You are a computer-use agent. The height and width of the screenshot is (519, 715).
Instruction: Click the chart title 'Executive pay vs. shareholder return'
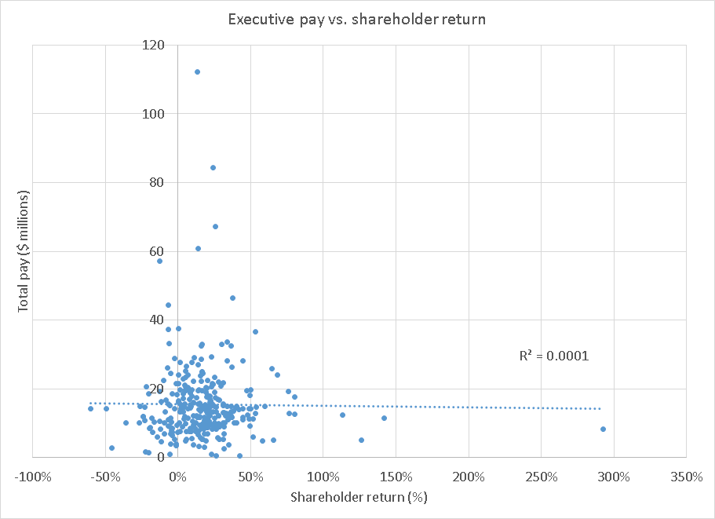(356, 19)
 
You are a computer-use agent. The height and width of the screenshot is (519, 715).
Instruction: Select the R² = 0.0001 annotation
(553, 356)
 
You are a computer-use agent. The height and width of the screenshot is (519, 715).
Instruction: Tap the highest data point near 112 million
(197, 71)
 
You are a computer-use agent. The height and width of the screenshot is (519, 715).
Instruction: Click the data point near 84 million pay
(213, 167)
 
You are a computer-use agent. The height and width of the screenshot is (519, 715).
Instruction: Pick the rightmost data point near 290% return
(603, 429)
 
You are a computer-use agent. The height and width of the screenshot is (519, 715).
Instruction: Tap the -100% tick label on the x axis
(32, 477)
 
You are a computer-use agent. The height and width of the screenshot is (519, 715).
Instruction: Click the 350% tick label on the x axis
(687, 477)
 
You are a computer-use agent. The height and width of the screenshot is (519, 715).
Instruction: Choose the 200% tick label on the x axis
(469, 477)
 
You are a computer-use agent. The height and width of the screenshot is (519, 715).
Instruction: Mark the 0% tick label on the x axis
(177, 477)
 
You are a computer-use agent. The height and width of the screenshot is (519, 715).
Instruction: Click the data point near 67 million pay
(215, 226)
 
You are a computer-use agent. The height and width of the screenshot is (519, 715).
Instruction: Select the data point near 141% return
(384, 418)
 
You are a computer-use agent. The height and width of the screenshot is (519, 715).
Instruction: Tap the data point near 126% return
(361, 440)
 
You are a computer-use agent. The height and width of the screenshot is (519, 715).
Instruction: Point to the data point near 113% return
(342, 415)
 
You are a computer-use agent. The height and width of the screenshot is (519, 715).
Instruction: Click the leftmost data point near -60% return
(90, 408)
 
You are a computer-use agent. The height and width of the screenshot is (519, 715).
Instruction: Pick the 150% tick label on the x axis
(396, 477)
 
